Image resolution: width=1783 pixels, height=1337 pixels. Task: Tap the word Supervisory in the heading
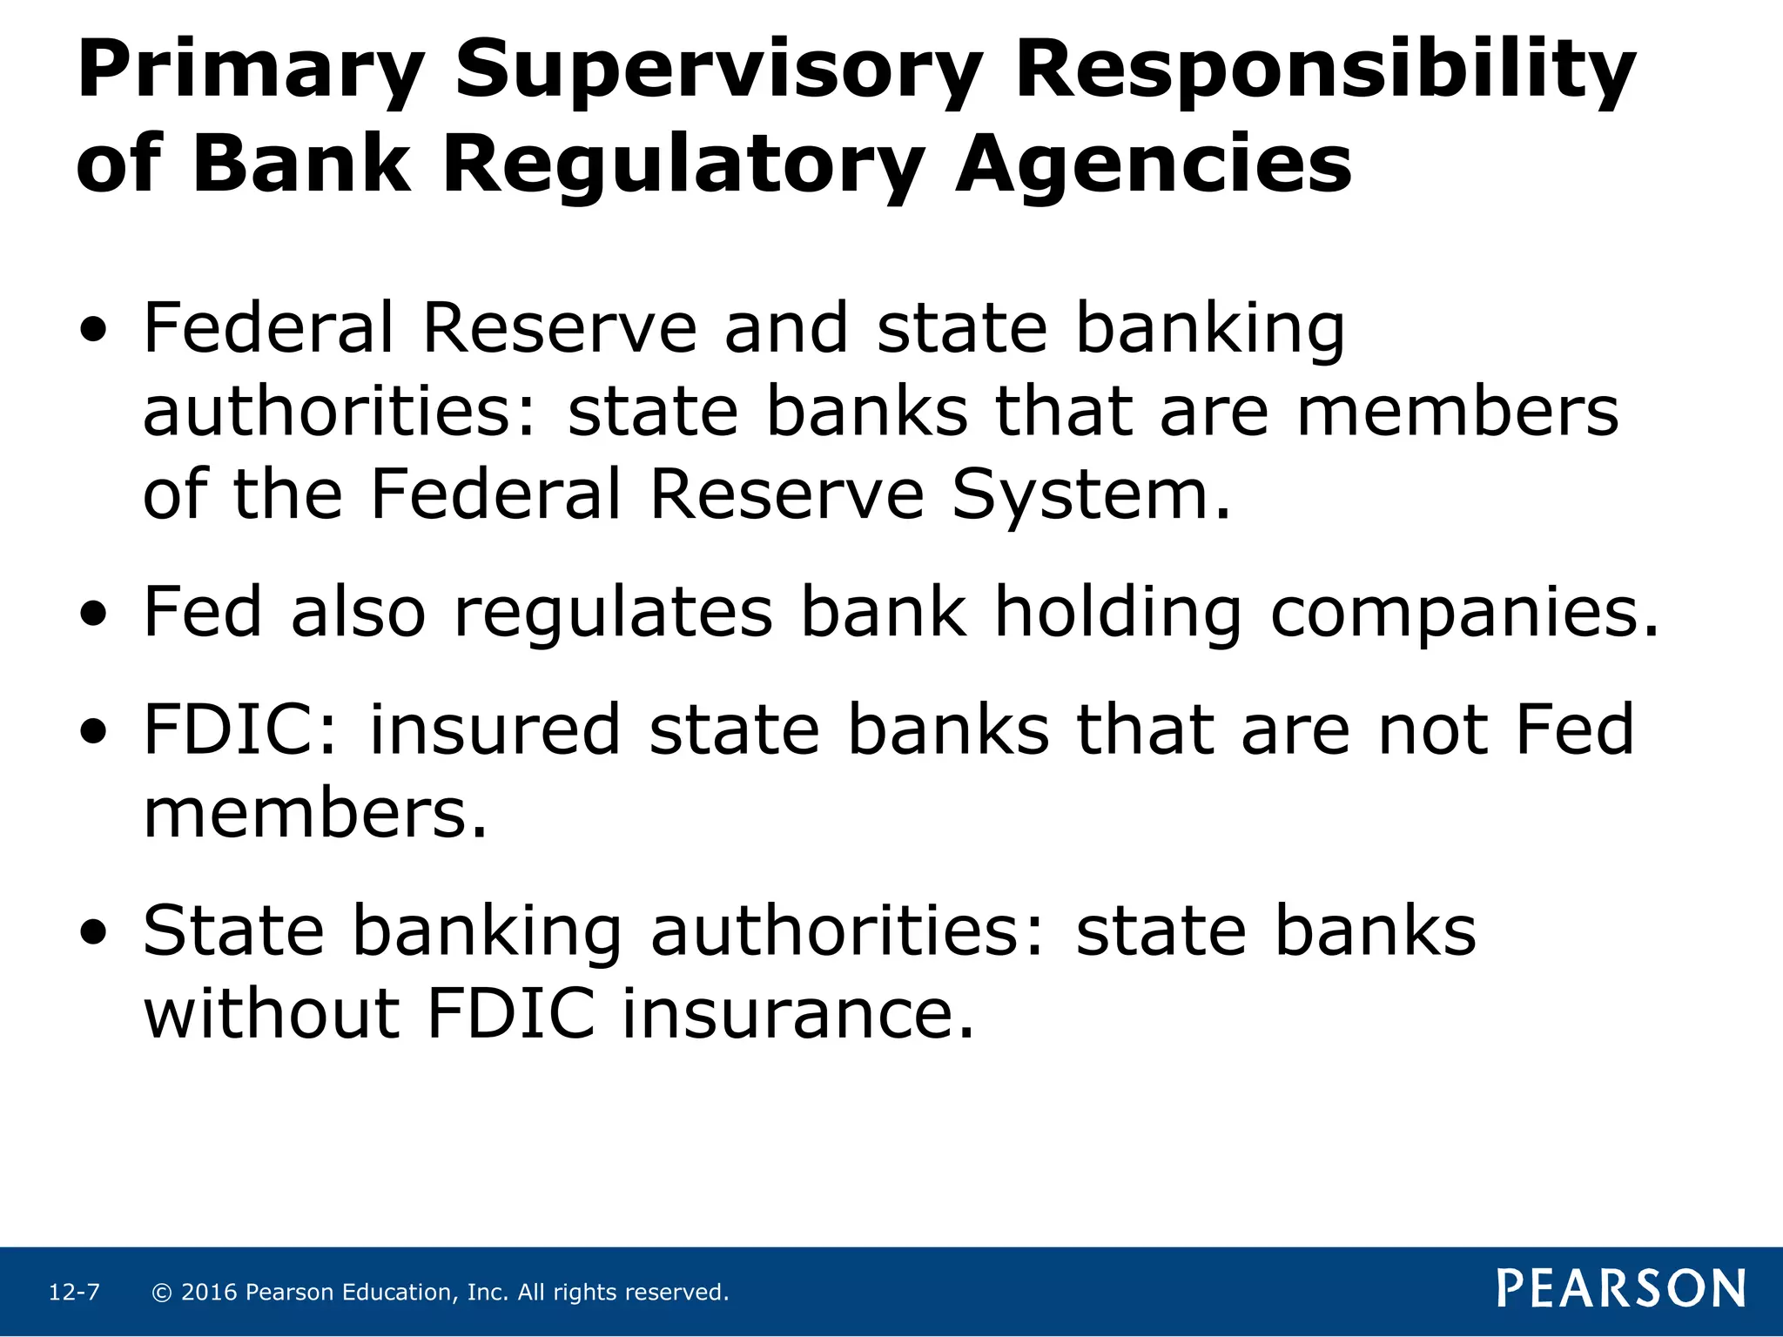pyautogui.click(x=719, y=71)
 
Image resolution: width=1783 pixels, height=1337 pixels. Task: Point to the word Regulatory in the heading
pyautogui.click(x=683, y=165)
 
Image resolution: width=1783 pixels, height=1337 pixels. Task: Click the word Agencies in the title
pyautogui.click(x=1153, y=165)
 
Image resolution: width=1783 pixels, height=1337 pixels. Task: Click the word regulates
pyautogui.click(x=613, y=612)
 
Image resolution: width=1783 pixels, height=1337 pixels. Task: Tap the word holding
pyautogui.click(x=1118, y=612)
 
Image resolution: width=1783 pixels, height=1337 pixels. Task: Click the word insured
pyautogui.click(x=495, y=729)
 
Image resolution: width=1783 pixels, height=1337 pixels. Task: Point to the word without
pyautogui.click(x=271, y=1014)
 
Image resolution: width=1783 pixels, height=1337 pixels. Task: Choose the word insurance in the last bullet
pyautogui.click(x=797, y=1014)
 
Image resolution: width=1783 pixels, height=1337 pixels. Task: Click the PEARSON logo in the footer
pyautogui.click(x=1621, y=1289)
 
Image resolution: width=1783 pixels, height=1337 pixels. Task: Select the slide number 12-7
pyautogui.click(x=74, y=1293)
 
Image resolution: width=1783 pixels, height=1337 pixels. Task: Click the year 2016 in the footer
pyautogui.click(x=209, y=1293)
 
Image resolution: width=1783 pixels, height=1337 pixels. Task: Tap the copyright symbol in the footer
pyautogui.click(x=161, y=1293)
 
